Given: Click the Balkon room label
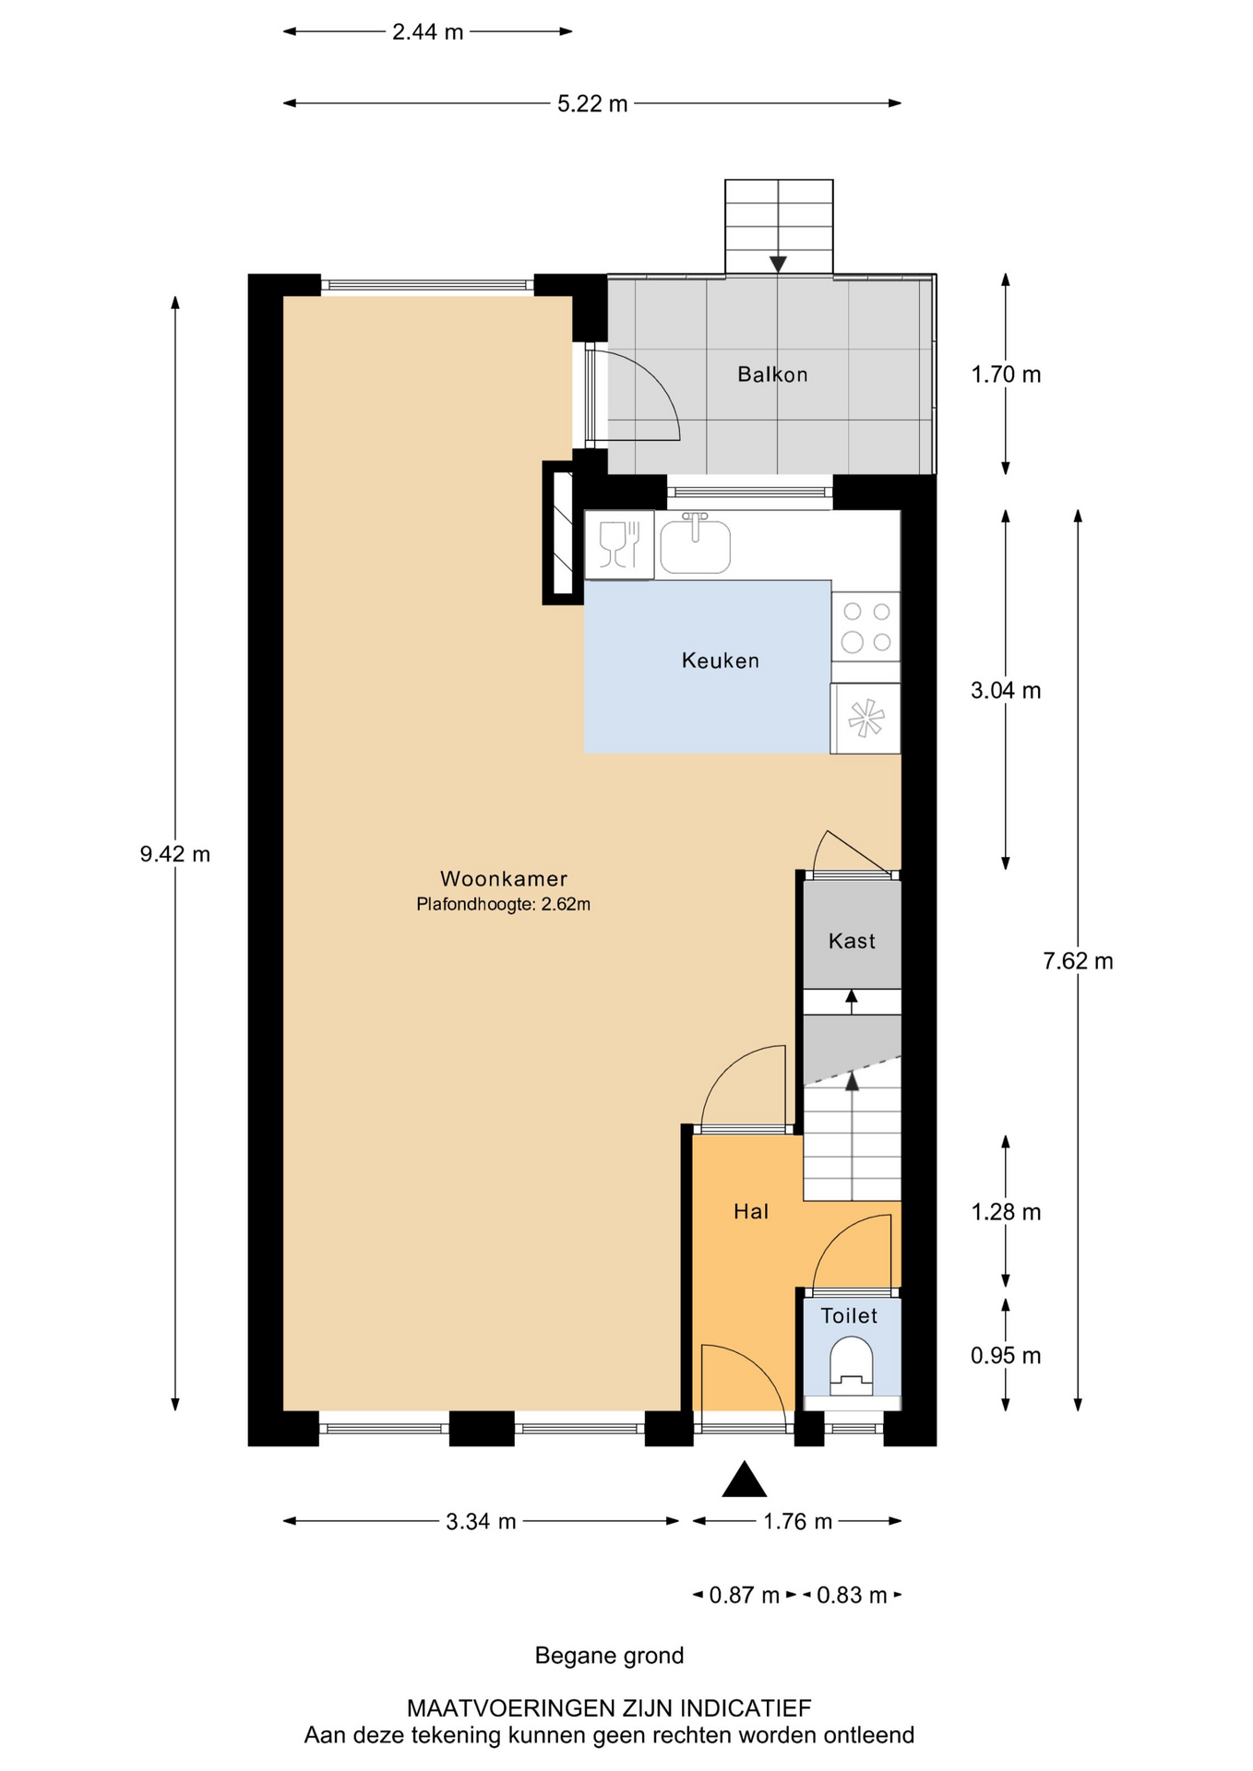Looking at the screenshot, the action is [x=772, y=374].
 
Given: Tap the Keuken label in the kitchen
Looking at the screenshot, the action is [x=721, y=660].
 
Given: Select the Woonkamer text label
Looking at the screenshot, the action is [x=504, y=879].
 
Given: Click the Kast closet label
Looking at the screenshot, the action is [x=852, y=941].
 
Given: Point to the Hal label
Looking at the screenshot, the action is [x=751, y=1212].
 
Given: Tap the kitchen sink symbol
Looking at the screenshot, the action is [x=696, y=544].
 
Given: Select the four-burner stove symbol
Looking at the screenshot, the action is [x=866, y=626].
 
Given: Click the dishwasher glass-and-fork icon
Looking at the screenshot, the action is [x=620, y=544].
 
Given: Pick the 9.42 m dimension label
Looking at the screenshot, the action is [x=175, y=854].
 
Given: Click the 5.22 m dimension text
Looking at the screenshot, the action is [x=592, y=104].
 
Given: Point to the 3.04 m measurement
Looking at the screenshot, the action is [x=1006, y=691].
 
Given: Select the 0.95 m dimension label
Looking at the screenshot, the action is [x=1006, y=1356].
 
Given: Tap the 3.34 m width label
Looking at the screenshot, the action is [x=481, y=1522].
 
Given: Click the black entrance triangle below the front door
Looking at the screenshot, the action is [x=745, y=1480].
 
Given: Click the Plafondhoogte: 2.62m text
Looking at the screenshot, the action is [x=504, y=905].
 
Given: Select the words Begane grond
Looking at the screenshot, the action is [x=609, y=1656].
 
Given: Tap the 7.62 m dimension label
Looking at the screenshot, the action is [x=1078, y=961].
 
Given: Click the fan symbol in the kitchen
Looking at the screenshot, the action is [x=866, y=719].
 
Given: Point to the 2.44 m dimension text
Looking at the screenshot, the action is [x=427, y=32].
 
